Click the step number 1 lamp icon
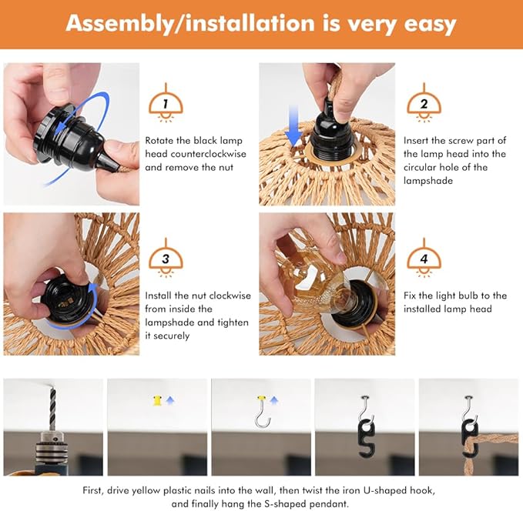click(166, 103)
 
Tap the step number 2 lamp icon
click(424, 103)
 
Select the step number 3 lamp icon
click(166, 258)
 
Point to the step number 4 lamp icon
click(424, 258)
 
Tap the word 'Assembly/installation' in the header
click(190, 23)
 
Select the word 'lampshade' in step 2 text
click(428, 181)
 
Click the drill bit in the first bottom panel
click(52, 409)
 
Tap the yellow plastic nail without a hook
click(156, 400)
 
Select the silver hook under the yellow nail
click(263, 416)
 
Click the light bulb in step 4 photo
click(312, 282)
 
